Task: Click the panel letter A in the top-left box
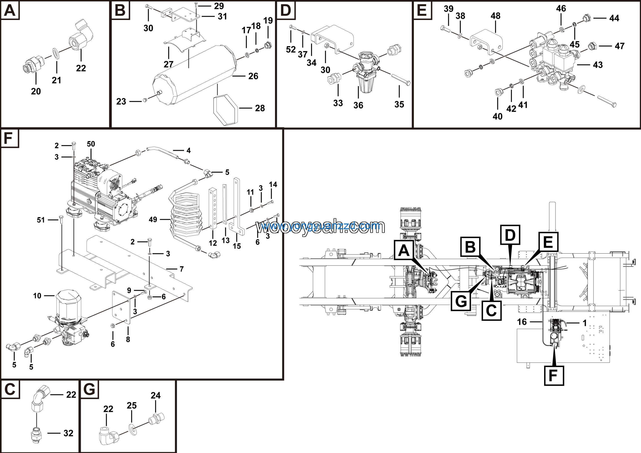tap(10, 10)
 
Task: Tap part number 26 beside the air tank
tap(253, 76)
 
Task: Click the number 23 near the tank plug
tap(121, 101)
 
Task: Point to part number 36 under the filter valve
tap(358, 105)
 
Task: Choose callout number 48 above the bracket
tap(496, 16)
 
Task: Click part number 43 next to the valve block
tap(598, 65)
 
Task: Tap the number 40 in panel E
tap(498, 116)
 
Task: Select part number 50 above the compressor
tap(91, 144)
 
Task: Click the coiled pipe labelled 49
tap(186, 215)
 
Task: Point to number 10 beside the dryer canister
tap(37, 296)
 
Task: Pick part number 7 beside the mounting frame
tap(182, 269)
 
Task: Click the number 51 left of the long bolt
tap(41, 220)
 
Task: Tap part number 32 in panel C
tap(68, 433)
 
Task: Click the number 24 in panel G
tap(155, 395)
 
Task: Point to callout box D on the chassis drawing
tap(510, 235)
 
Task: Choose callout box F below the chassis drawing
tap(554, 376)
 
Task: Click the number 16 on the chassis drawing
tap(522, 322)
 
